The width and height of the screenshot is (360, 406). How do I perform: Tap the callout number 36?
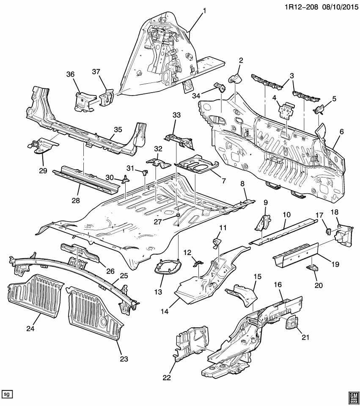pyautogui.click(x=70, y=74)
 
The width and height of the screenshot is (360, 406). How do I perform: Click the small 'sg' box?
pyautogui.click(x=7, y=394)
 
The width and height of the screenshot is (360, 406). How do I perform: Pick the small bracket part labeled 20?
pyautogui.click(x=313, y=268)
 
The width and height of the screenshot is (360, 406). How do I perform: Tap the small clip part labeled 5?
pyautogui.click(x=318, y=110)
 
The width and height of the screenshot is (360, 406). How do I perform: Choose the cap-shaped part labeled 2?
pyautogui.click(x=234, y=78)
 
